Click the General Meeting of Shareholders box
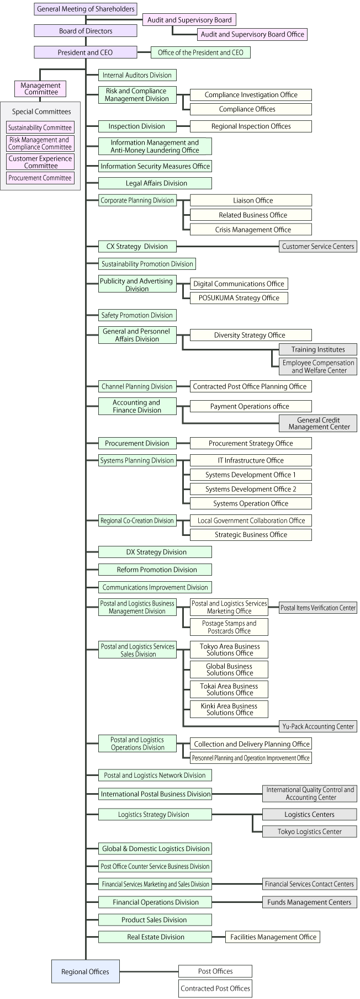pos(86,9)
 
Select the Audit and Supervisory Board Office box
pos(252,34)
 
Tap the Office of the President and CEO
pos(200,52)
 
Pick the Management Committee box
pos(41,88)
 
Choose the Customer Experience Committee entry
pos(40,162)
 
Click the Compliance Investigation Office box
pos(251,95)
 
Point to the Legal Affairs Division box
pos(156,183)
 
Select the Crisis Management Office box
pos(251,230)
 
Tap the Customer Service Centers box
pos(318,247)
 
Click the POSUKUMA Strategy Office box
pos(239,298)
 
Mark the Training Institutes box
pos(318,349)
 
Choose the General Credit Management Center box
pos(319,423)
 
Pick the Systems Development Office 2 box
pos(251,489)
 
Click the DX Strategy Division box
pos(156,552)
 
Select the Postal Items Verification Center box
pos(318,608)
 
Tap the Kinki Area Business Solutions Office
pos(229,709)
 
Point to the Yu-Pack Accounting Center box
pos(318,726)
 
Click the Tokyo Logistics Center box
pos(309,831)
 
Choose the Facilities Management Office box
pos(273,937)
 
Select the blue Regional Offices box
pos(86,971)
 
